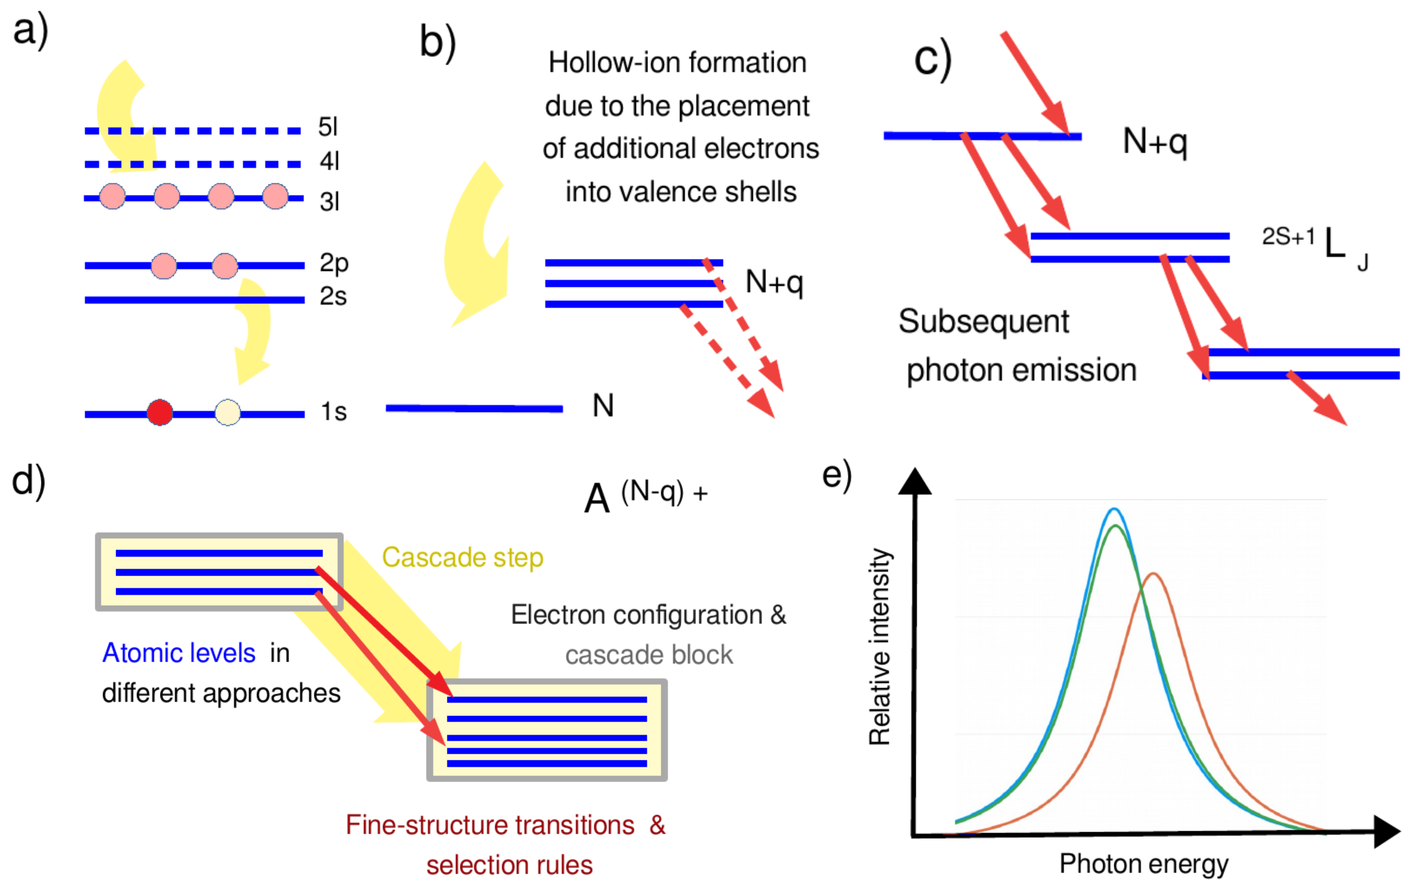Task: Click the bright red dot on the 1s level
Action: click(160, 412)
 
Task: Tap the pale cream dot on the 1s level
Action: click(228, 412)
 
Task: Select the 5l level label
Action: click(328, 127)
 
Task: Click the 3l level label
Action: click(330, 202)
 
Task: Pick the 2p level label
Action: click(333, 263)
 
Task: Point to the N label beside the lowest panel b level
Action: click(603, 406)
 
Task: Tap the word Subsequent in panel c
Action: click(983, 322)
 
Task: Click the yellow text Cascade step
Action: click(462, 557)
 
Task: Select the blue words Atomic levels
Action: click(179, 653)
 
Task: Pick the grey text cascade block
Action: click(649, 655)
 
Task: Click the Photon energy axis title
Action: click(1143, 864)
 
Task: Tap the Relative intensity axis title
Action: click(880, 647)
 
